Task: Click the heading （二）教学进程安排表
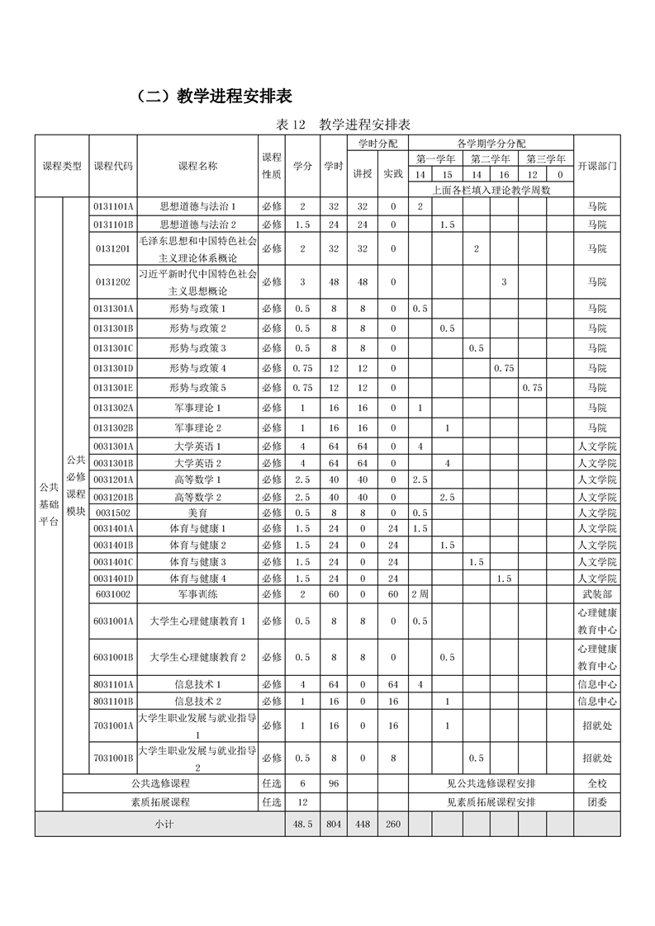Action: point(214,96)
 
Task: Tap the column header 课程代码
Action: point(113,166)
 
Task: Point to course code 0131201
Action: point(113,248)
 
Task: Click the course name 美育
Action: point(197,513)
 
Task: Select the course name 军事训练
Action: point(197,594)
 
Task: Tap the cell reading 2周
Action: point(420,594)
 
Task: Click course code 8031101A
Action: point(113,683)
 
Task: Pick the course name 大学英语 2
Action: point(197,463)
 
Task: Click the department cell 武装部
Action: point(596,594)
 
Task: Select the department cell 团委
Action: point(596,801)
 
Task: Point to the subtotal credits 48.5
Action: point(302,824)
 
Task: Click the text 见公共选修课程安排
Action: point(491,783)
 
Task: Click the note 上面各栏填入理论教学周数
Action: point(491,190)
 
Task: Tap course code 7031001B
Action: point(113,758)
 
